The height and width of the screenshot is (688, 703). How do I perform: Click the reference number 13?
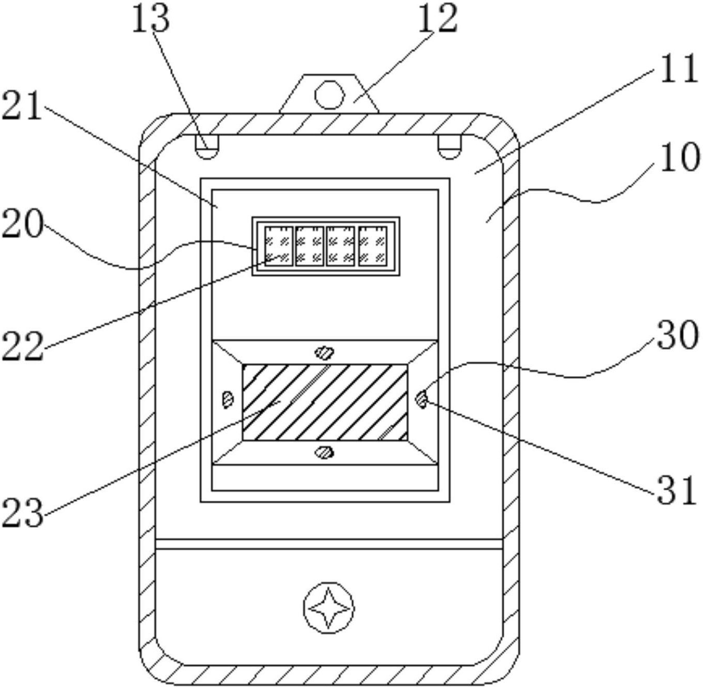click(151, 19)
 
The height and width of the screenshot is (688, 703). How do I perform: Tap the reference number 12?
click(438, 19)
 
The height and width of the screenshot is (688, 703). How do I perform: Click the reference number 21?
click(22, 107)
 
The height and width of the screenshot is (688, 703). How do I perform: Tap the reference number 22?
click(22, 346)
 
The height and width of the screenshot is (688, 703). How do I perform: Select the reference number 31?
click(678, 490)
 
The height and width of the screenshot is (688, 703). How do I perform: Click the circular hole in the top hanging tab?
click(330, 94)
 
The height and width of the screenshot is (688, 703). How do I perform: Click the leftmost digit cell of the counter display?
click(279, 245)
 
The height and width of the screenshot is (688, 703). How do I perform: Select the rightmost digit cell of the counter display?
click(373, 245)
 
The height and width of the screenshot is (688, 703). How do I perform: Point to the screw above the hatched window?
click(324, 353)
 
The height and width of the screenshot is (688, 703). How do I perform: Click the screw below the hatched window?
click(324, 453)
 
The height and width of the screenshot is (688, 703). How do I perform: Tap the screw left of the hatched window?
click(227, 399)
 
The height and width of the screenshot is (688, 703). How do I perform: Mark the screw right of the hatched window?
click(422, 399)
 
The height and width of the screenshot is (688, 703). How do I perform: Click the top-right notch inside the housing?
click(449, 147)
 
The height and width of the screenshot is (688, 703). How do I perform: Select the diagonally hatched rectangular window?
click(324, 402)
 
